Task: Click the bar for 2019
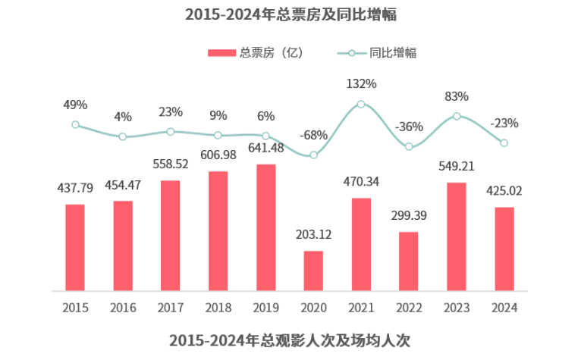tap(265, 227)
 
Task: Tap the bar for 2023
tap(456, 236)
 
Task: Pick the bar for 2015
tap(75, 247)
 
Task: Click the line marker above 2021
tap(361, 105)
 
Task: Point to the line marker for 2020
tap(313, 155)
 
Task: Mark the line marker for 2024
tap(504, 142)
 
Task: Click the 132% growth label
tap(361, 83)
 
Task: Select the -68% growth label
tap(313, 135)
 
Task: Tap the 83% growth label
tap(456, 96)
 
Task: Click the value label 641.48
tap(265, 148)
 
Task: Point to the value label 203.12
tap(313, 235)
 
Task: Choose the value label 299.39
tap(408, 216)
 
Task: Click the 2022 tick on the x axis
tap(408, 308)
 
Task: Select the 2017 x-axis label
tap(171, 308)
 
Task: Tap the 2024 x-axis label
tap(504, 308)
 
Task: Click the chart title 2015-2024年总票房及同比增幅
tap(291, 14)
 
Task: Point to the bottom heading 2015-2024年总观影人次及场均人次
tap(291, 340)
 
